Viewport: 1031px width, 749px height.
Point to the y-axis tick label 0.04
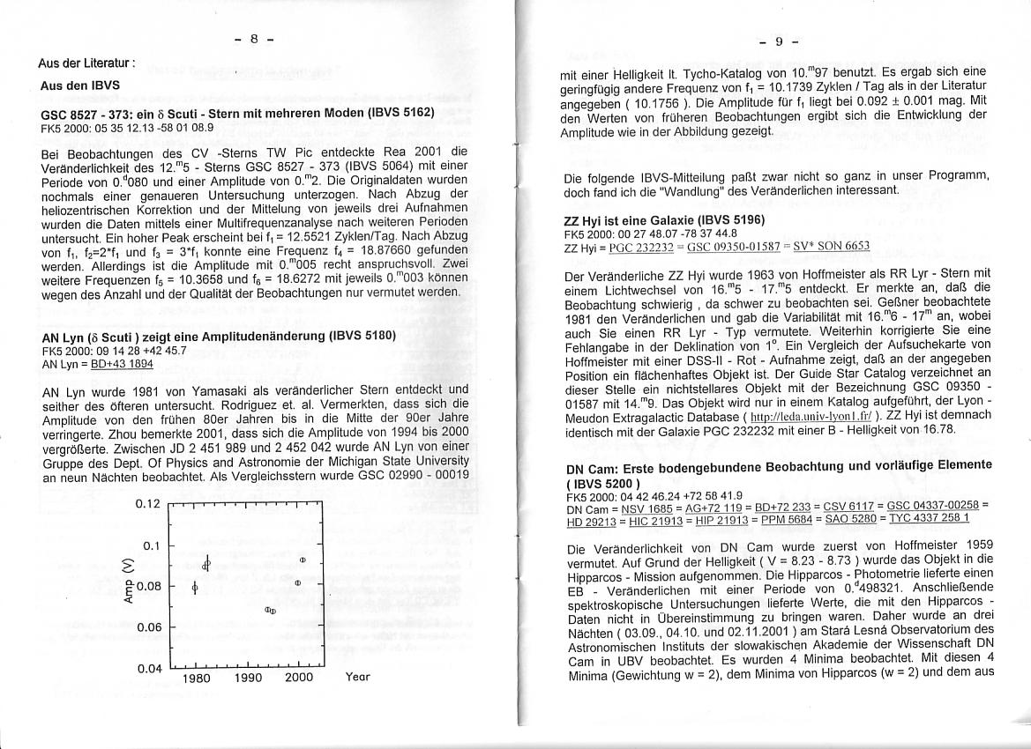pyautogui.click(x=151, y=668)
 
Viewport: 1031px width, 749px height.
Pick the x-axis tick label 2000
pyautogui.click(x=299, y=679)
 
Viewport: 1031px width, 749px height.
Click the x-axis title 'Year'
pyautogui.click(x=357, y=678)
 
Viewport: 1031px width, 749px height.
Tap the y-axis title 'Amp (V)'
pyautogui.click(x=130, y=585)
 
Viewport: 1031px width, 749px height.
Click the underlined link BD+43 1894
pyautogui.click(x=123, y=364)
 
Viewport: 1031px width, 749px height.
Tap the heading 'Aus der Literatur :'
pyautogui.click(x=86, y=63)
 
